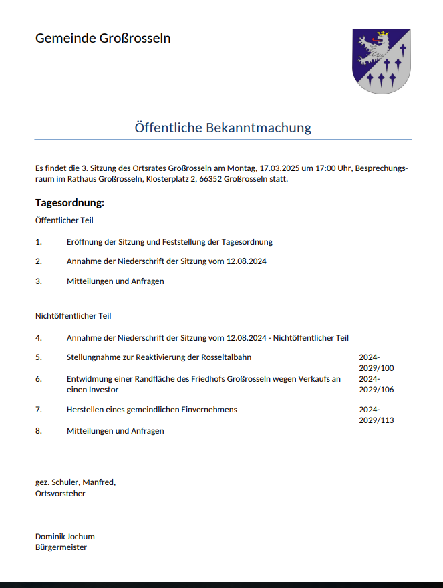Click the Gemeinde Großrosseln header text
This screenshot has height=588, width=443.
click(x=103, y=38)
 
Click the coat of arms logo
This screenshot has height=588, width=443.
click(x=381, y=61)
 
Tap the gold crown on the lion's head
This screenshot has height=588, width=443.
click(x=383, y=33)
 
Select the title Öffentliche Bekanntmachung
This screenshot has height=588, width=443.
click(x=223, y=127)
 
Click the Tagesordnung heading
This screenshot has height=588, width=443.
click(x=70, y=202)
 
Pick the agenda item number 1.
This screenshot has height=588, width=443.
click(x=39, y=242)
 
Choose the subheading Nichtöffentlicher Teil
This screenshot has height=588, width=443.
click(x=73, y=315)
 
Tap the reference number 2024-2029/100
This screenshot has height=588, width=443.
click(x=376, y=363)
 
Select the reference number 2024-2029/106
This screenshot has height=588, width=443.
click(x=376, y=384)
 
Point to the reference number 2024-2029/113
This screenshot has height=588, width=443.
click(x=376, y=415)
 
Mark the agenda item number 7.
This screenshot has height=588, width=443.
click(x=39, y=410)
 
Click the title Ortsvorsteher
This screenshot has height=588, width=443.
click(x=60, y=494)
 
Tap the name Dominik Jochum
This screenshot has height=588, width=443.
click(x=65, y=536)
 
